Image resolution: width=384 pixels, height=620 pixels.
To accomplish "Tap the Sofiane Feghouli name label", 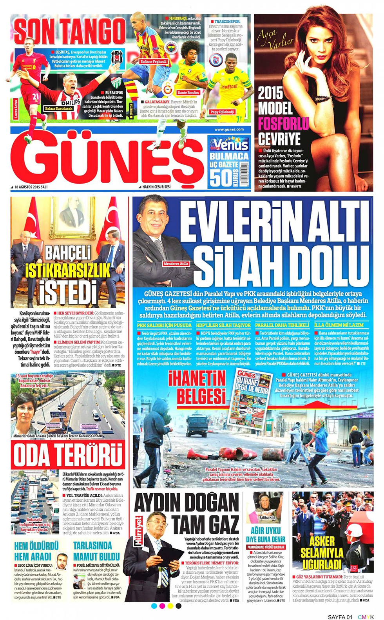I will (154, 61).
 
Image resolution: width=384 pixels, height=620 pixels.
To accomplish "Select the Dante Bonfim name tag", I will (188, 93).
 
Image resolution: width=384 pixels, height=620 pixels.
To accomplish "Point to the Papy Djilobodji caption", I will (222, 112).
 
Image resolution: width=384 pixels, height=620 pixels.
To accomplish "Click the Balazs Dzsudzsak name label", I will (59, 108).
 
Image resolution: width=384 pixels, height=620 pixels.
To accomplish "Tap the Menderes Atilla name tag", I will (176, 264).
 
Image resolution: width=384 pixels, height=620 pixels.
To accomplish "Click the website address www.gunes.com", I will (229, 129).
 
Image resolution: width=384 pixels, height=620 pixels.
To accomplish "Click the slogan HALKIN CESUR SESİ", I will (156, 187).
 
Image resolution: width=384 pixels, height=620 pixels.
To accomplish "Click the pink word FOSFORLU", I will (283, 124).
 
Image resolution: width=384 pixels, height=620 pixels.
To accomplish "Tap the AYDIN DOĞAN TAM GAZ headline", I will (187, 513).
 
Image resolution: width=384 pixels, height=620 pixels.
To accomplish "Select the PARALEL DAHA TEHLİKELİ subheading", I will (282, 325).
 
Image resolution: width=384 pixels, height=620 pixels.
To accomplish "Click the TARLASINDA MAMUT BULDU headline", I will (96, 551).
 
